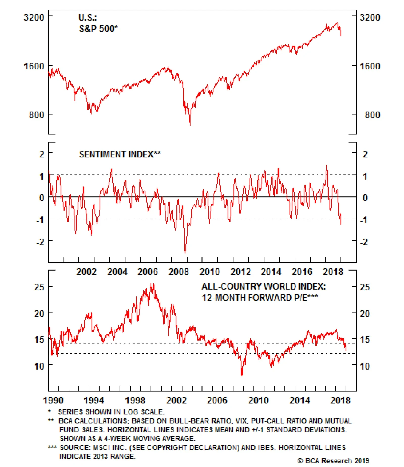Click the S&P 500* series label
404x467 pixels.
(x=98, y=29)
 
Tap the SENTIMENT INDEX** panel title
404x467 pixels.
(x=120, y=154)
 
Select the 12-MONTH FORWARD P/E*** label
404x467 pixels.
(x=260, y=298)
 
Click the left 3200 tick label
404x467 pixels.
(x=34, y=17)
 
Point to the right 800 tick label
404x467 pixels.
(x=372, y=115)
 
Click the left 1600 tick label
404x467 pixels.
(x=34, y=66)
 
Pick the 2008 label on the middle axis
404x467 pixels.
(x=179, y=272)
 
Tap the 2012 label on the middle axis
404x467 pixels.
(x=241, y=272)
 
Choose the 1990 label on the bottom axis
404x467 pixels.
(x=53, y=400)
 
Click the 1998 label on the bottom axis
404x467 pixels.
(x=135, y=400)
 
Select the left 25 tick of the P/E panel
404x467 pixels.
(x=39, y=287)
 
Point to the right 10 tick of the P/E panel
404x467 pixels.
(x=365, y=366)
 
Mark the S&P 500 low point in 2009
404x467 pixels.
(x=190, y=125)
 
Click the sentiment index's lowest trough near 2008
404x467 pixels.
(x=185, y=252)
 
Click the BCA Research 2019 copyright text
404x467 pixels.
(x=333, y=461)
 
